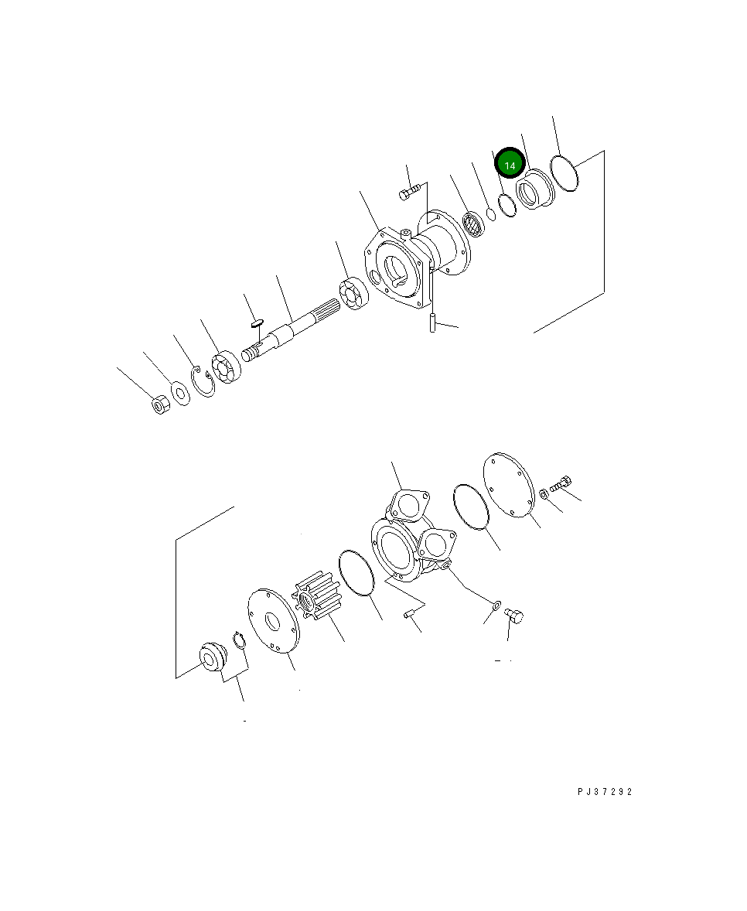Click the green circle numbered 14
(510, 165)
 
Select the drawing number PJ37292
(604, 792)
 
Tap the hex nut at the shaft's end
(159, 404)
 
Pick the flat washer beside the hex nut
(180, 393)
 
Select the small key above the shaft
(258, 322)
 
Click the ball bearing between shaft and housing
(352, 295)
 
